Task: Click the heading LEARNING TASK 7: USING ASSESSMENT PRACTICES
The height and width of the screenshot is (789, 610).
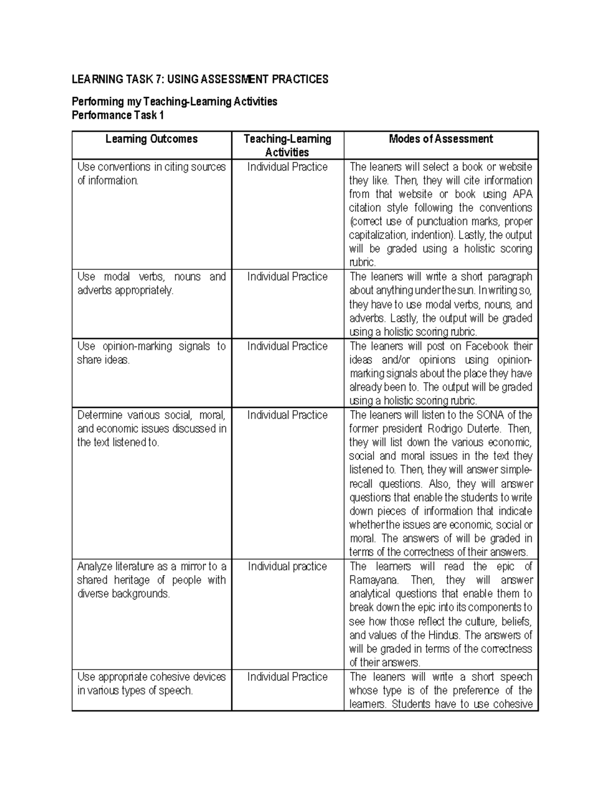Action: (x=200, y=79)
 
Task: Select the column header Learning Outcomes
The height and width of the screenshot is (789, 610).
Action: (x=151, y=139)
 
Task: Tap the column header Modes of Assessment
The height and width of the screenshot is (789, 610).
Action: (x=441, y=139)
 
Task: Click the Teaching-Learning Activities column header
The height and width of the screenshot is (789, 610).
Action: (x=287, y=145)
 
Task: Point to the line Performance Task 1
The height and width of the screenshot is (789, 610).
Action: (x=118, y=115)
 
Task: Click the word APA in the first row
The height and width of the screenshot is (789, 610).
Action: (x=523, y=194)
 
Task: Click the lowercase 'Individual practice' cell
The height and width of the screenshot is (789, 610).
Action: (x=287, y=566)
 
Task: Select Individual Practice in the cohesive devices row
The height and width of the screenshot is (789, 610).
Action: (x=287, y=677)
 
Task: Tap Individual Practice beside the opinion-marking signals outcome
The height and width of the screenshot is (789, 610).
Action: (x=287, y=346)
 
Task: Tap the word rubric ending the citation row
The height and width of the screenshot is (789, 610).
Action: (x=362, y=263)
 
